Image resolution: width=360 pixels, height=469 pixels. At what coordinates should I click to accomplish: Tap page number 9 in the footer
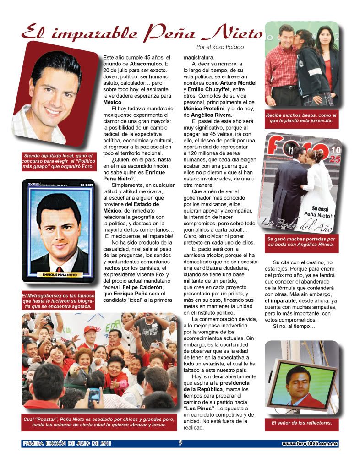point(180,443)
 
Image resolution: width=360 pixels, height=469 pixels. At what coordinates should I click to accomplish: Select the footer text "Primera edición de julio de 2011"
point(66,443)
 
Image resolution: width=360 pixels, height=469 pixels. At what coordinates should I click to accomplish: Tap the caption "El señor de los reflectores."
point(301,423)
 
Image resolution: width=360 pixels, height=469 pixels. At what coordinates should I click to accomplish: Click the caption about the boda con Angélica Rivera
point(301,242)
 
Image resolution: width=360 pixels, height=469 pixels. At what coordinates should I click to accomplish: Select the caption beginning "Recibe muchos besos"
point(301,119)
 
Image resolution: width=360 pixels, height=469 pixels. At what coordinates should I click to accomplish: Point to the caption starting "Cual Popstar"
point(98,422)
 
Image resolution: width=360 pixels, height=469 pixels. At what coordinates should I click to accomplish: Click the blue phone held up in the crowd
point(94,393)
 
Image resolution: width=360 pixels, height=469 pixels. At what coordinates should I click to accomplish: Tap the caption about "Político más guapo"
point(59,162)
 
